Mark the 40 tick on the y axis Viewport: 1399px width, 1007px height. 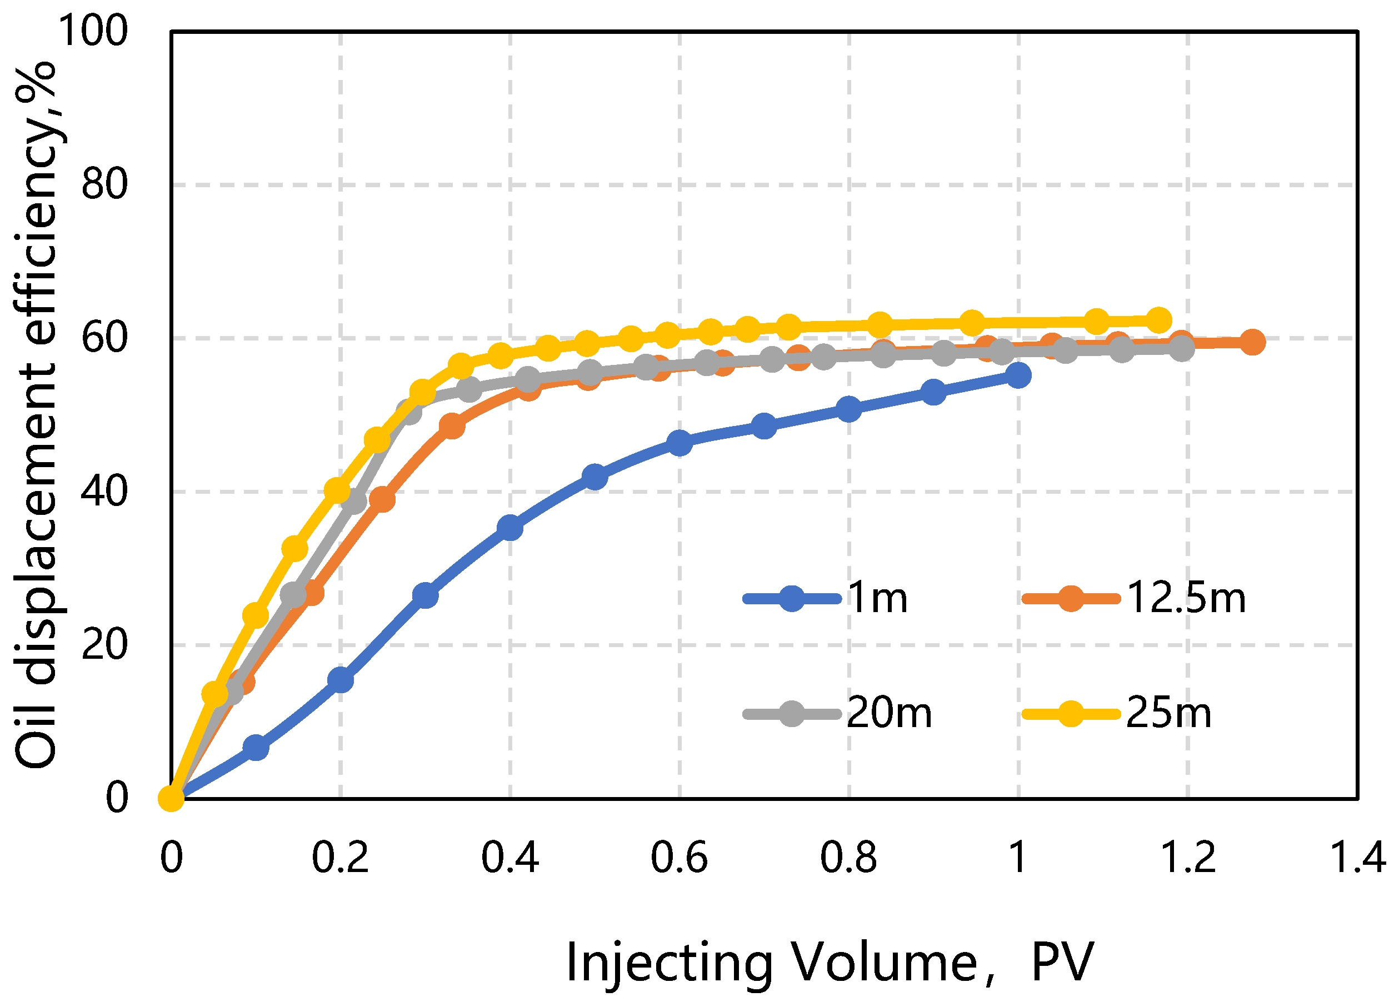104,492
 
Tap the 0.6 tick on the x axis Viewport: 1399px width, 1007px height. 679,858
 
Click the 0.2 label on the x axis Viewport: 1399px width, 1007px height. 340,858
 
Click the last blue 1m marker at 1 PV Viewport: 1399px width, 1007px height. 1018,375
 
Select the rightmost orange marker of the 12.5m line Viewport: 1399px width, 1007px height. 1252,342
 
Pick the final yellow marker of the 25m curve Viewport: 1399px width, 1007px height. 1158,320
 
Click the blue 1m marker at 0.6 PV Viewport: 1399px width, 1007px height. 679,443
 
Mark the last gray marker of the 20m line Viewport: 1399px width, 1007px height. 1181,348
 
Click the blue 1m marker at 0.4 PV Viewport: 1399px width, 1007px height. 510,528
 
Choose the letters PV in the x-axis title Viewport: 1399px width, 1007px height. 1062,963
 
